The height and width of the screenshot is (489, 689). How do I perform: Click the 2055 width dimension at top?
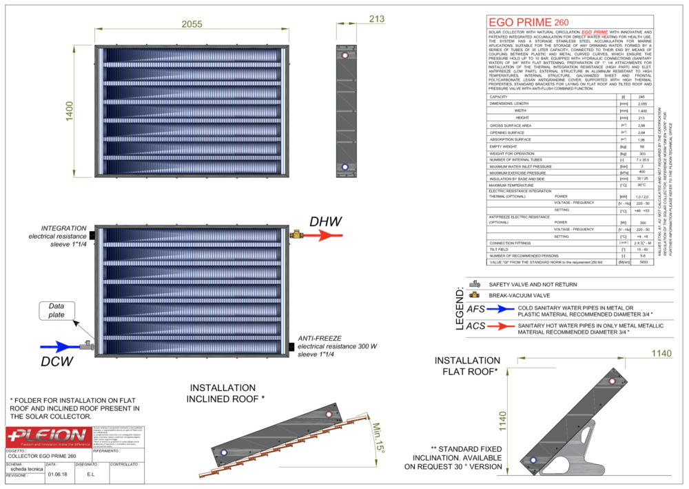[x=192, y=24]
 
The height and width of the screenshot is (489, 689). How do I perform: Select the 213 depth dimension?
[x=376, y=19]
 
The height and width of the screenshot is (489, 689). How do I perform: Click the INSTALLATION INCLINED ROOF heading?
[x=223, y=393]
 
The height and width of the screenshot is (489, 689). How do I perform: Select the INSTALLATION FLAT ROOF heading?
[x=466, y=366]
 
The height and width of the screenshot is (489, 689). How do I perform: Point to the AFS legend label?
[x=477, y=310]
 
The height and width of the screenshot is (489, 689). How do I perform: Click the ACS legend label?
[x=476, y=326]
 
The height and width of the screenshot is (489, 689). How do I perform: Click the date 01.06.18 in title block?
[x=57, y=475]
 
